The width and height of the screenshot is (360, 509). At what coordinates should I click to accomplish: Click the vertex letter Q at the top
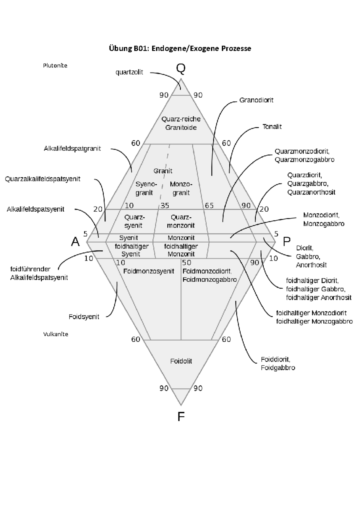(181, 69)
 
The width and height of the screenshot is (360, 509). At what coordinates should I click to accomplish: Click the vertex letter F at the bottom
(181, 416)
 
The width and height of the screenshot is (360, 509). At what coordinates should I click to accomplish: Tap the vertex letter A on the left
(75, 241)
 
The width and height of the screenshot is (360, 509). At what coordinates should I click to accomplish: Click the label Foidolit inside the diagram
(181, 361)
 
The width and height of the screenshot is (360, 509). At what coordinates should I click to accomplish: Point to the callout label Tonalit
(272, 127)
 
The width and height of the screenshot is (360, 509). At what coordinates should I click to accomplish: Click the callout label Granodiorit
(256, 100)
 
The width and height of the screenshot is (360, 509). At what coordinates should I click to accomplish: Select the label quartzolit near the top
(129, 72)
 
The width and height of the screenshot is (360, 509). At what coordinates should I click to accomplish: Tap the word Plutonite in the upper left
(55, 65)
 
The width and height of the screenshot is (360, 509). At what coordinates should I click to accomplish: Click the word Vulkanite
(55, 334)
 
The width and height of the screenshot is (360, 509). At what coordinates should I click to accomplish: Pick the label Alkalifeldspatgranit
(72, 148)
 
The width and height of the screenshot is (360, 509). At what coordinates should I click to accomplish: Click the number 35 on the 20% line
(165, 205)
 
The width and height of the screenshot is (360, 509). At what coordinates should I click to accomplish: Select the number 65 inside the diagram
(209, 205)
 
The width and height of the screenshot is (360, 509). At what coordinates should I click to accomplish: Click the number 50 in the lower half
(187, 263)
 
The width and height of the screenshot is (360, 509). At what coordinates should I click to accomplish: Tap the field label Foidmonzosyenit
(149, 271)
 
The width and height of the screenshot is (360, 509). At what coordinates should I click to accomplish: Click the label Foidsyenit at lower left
(84, 317)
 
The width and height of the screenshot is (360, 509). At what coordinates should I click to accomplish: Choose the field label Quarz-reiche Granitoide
(181, 123)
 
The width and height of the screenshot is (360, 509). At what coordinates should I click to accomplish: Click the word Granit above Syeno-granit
(163, 171)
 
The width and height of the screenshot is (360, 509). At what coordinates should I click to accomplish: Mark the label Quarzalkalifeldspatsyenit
(43, 179)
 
